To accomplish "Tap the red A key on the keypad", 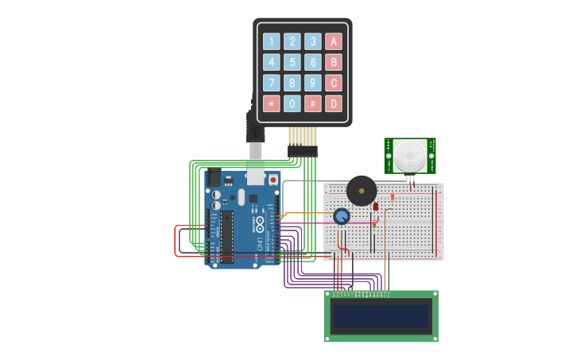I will click(x=334, y=41).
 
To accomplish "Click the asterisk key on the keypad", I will click(x=272, y=103).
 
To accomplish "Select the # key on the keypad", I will click(x=313, y=103).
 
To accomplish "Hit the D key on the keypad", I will click(x=334, y=103).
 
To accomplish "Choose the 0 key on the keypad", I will click(x=292, y=103).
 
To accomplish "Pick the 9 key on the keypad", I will click(x=313, y=83).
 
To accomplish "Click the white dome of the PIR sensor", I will click(x=410, y=153).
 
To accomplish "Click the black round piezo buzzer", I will click(x=361, y=192).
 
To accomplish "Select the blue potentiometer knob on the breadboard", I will click(x=342, y=216).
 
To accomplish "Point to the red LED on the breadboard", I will click(x=376, y=207).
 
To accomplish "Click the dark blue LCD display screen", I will click(x=381, y=315).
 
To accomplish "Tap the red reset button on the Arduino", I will click(x=273, y=180).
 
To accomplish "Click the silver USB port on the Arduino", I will click(x=255, y=173).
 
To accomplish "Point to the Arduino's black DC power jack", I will click(x=213, y=179).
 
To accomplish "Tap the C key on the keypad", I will click(x=334, y=83).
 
